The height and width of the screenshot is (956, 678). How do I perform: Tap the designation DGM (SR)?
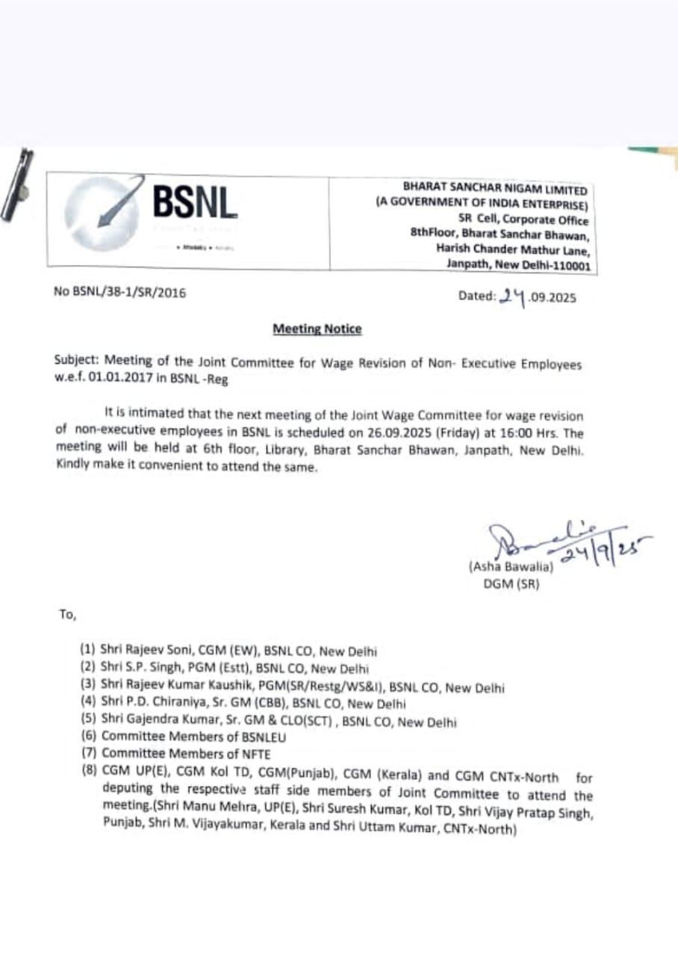tap(511, 584)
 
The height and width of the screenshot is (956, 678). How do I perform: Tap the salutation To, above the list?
tap(68, 615)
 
